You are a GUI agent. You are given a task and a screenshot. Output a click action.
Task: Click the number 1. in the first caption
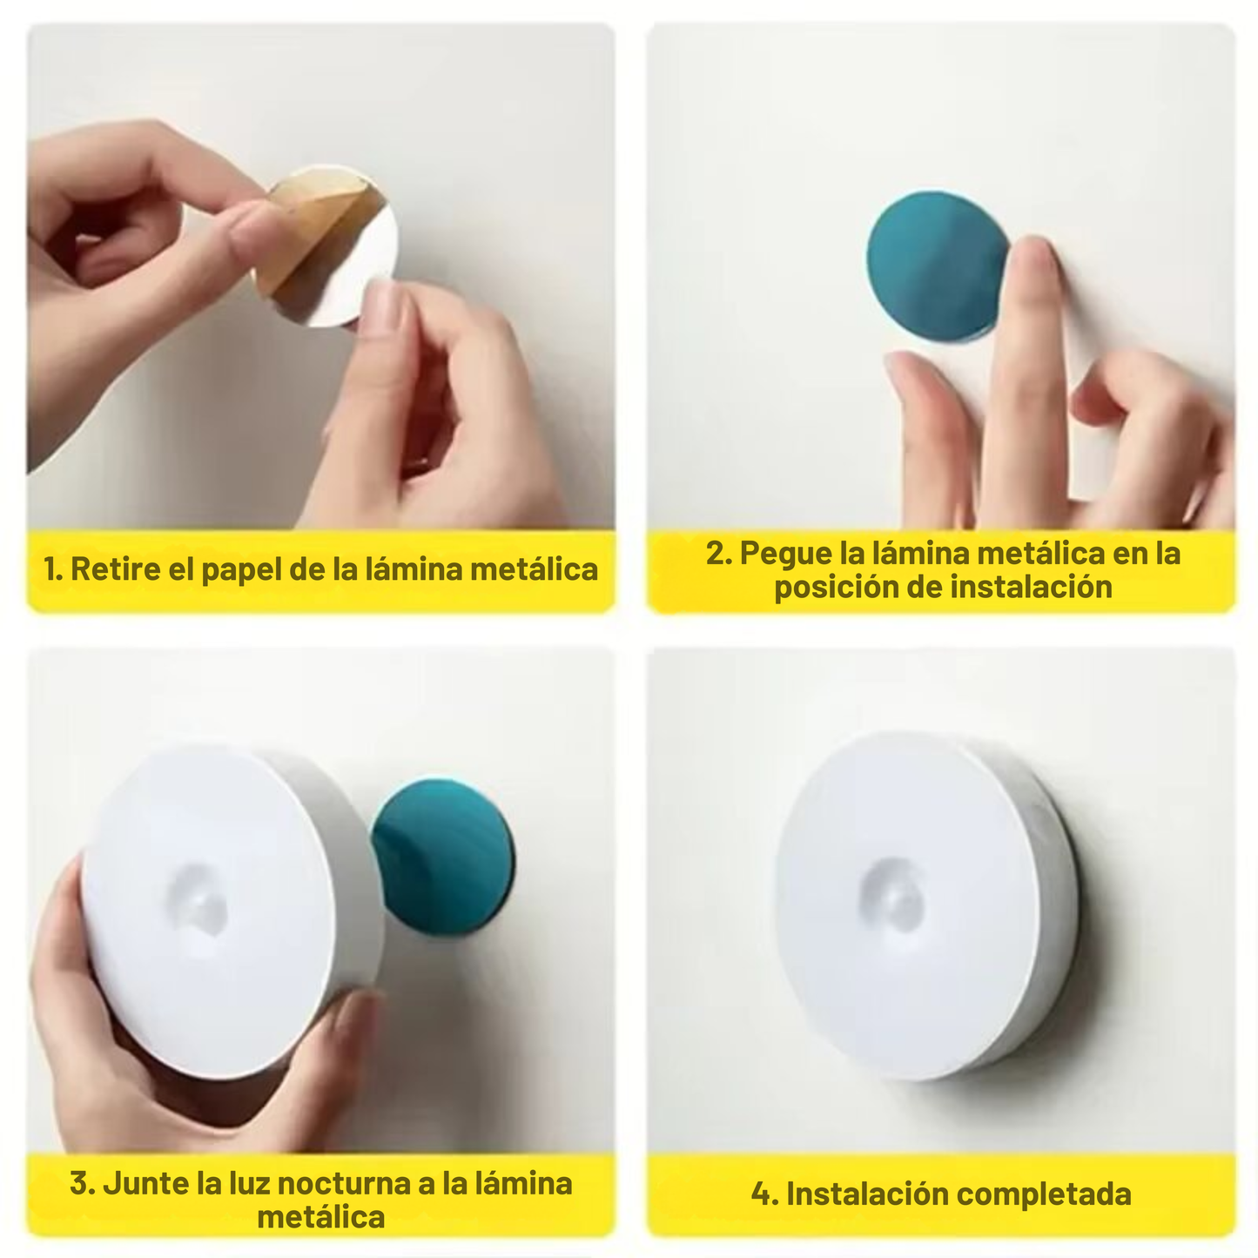(x=52, y=569)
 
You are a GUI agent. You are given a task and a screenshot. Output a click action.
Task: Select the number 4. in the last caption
(x=764, y=1194)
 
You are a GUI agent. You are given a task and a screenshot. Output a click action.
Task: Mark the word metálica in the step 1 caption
(x=534, y=569)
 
